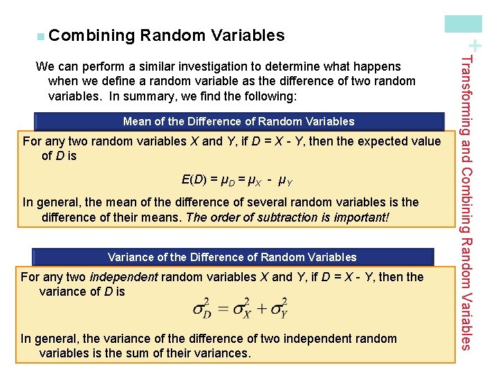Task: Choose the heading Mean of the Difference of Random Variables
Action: click(x=238, y=121)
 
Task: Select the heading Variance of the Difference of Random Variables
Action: click(x=232, y=257)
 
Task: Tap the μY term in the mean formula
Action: click(x=284, y=181)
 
